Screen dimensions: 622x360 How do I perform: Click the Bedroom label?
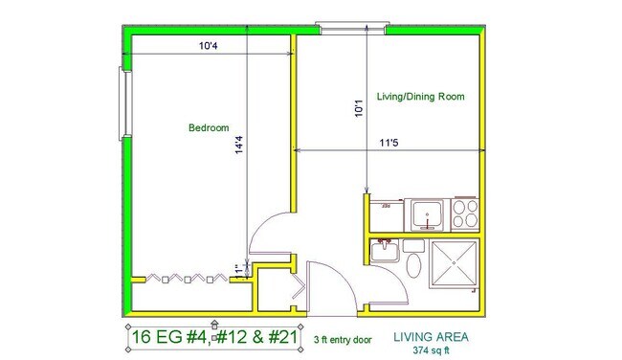pyautogui.click(x=209, y=127)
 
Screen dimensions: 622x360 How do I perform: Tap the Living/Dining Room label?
pyautogui.click(x=420, y=97)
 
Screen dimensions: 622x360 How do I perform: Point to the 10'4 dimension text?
pyautogui.click(x=209, y=46)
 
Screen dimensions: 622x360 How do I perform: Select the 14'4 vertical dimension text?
pyautogui.click(x=239, y=145)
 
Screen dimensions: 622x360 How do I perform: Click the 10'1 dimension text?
pyautogui.click(x=359, y=108)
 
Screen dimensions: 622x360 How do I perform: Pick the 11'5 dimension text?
pyautogui.click(x=389, y=143)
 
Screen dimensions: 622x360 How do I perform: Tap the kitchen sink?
pyautogui.click(x=427, y=214)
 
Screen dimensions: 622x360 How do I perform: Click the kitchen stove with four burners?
pyautogui.click(x=465, y=214)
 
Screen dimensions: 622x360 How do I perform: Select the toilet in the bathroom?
pyautogui.click(x=414, y=259)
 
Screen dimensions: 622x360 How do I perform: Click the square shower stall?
pyautogui.click(x=454, y=263)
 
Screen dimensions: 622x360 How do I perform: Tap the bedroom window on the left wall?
pyautogui.click(x=125, y=104)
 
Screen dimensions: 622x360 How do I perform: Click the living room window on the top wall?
pyautogui.click(x=352, y=29)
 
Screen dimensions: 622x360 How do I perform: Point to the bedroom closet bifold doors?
pyautogui.click(x=188, y=278)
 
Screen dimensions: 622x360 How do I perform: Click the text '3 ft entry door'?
pyautogui.click(x=343, y=340)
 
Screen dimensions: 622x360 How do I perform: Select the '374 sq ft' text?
pyautogui.click(x=431, y=350)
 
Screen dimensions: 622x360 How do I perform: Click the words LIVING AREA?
pyautogui.click(x=431, y=337)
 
